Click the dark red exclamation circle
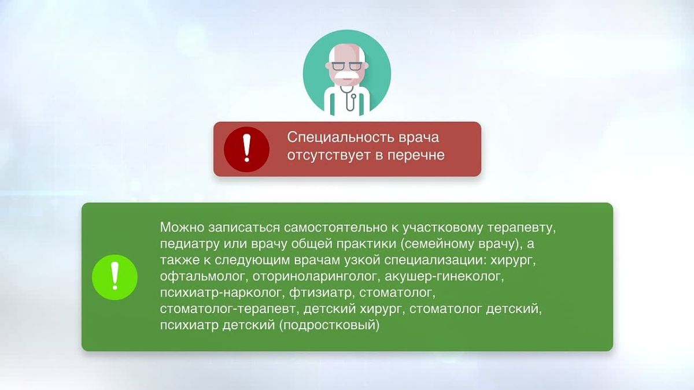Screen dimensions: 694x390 click(x=246, y=149)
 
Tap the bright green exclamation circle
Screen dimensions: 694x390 click(x=115, y=277)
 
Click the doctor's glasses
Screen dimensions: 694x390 click(x=347, y=66)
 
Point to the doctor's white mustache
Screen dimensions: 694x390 click(x=347, y=76)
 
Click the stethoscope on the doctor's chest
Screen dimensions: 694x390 click(x=349, y=98)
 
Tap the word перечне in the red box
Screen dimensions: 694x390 click(x=416, y=155)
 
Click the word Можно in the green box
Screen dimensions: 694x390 click(x=182, y=227)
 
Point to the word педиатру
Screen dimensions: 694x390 click(x=190, y=244)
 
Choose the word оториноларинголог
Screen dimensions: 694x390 click(x=315, y=276)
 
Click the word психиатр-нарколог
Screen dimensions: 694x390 click(x=220, y=292)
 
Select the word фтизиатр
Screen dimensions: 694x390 click(x=320, y=292)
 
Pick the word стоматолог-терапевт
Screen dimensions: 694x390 click(x=228, y=309)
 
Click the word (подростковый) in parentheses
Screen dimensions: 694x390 click(x=329, y=325)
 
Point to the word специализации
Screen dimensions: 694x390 click(x=433, y=261)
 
